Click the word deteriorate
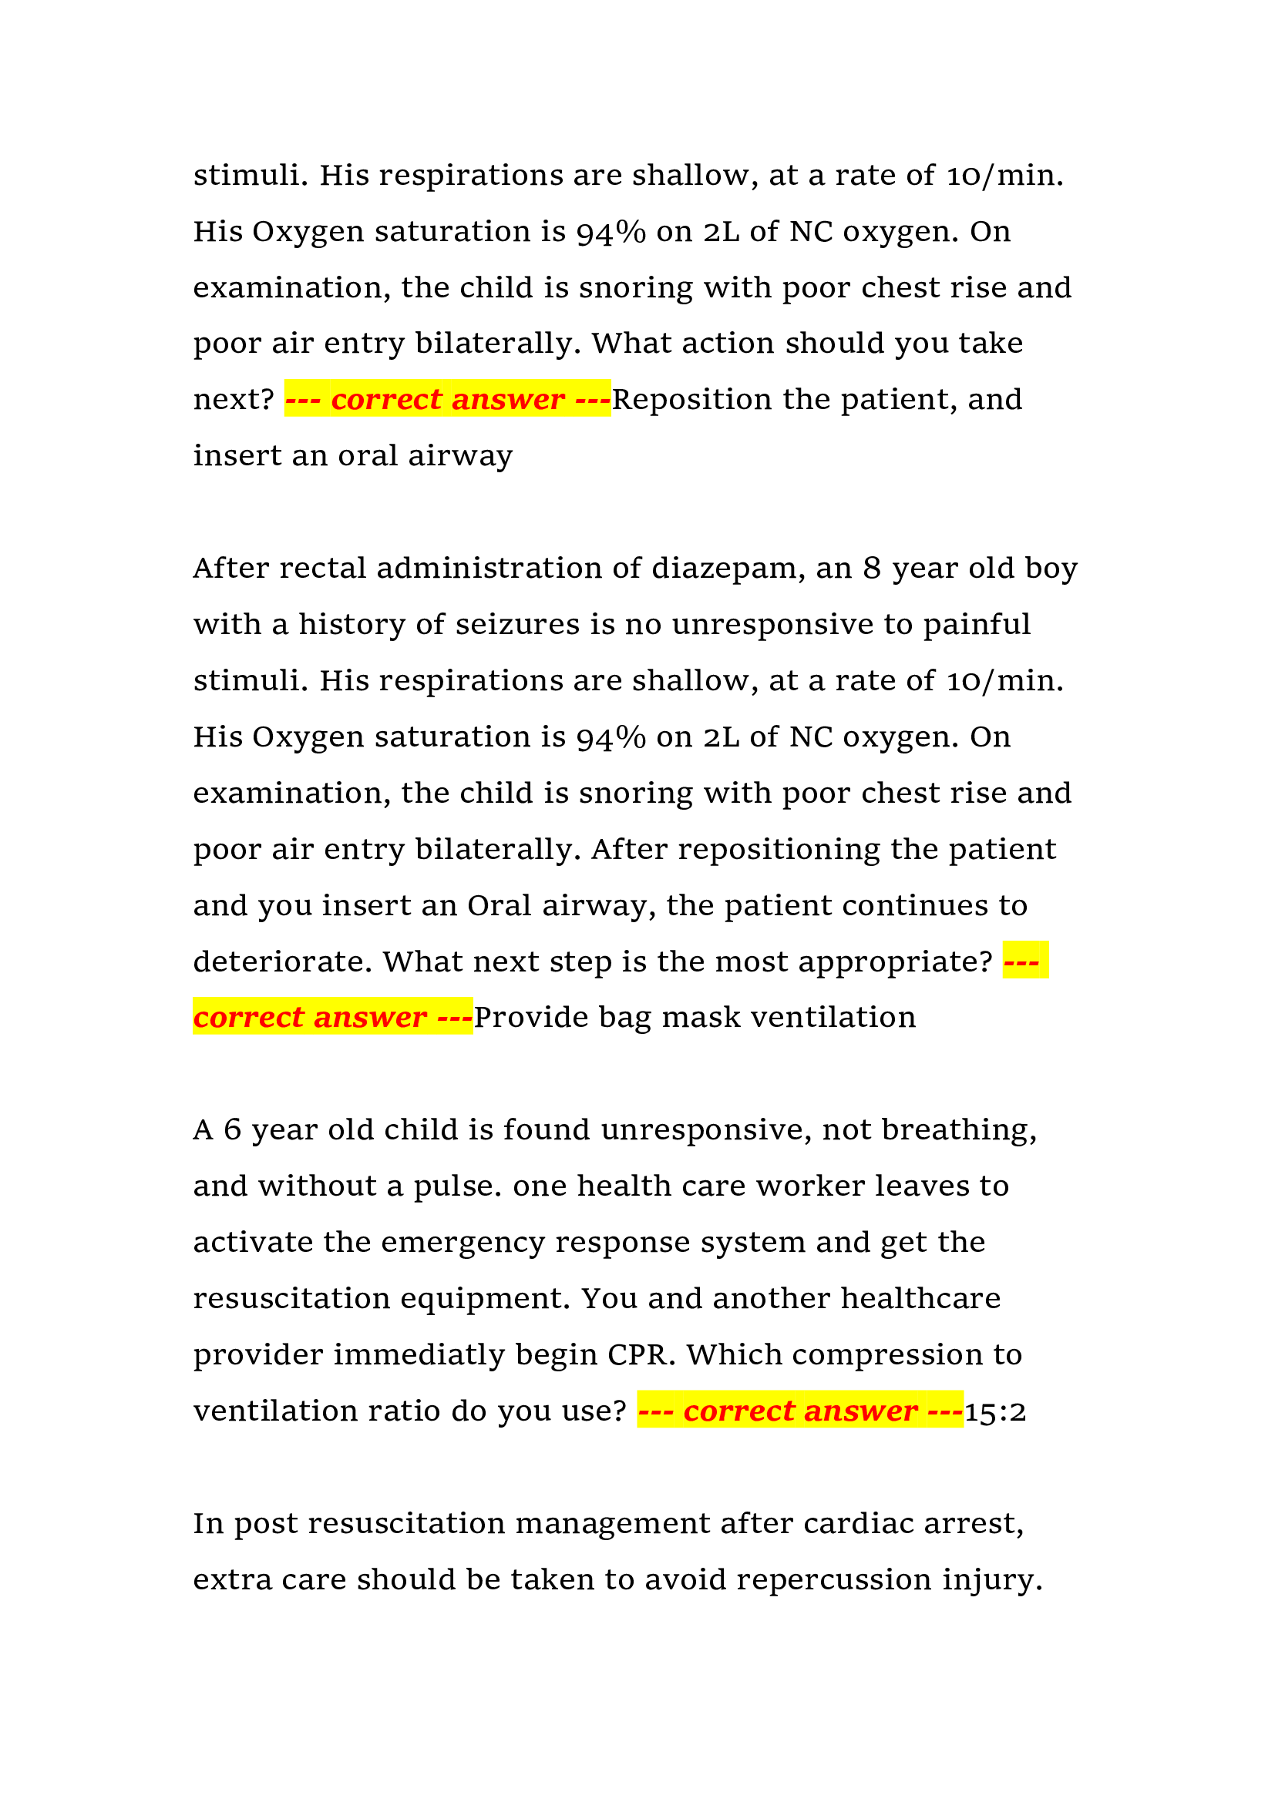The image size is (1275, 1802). click(x=283, y=962)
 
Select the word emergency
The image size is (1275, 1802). click(x=463, y=1243)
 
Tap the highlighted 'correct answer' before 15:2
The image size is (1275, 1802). click(x=800, y=1412)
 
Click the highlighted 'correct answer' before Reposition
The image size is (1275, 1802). click(x=448, y=401)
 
